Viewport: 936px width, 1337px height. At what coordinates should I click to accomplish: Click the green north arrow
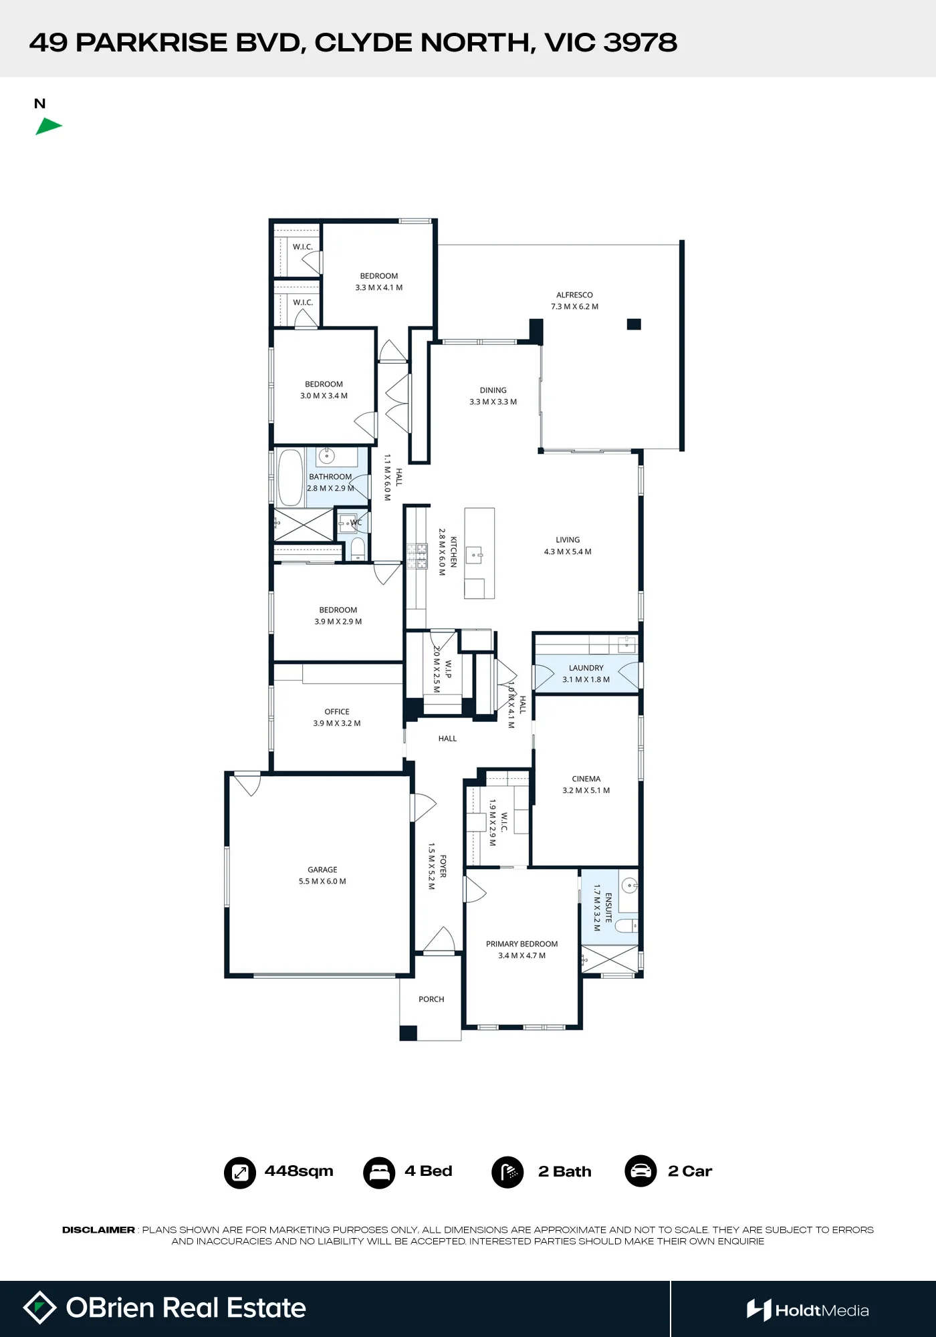coord(48,126)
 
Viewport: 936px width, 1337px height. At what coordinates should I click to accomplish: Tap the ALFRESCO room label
coord(574,295)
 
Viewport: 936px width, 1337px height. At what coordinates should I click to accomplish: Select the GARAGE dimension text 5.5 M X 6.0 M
coord(322,881)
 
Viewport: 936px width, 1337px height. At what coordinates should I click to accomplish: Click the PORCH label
coord(431,999)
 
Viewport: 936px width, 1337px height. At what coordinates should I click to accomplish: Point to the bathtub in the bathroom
coord(290,477)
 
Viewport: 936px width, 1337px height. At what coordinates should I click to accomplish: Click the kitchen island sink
coord(475,554)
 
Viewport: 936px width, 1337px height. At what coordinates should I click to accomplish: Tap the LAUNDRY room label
coord(586,668)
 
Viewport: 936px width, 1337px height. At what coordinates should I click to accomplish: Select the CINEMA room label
coord(586,779)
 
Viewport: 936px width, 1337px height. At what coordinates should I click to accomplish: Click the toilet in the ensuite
coord(626,926)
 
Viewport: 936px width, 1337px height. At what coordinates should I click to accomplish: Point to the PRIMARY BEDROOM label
coord(521,944)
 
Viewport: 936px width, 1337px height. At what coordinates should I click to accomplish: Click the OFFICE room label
coord(337,712)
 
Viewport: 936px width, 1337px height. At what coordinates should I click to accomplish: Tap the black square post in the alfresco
coord(634,324)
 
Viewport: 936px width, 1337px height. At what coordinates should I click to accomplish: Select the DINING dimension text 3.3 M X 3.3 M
coord(493,402)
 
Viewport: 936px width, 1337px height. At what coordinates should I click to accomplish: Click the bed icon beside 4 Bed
coord(379,1173)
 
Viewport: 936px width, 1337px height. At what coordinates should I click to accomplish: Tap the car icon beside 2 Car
coord(640,1171)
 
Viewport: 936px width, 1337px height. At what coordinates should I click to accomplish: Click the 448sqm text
coord(299,1171)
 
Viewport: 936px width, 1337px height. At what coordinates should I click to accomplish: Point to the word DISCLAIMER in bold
coord(98,1230)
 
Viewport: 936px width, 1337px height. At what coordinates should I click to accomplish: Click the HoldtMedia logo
coord(808,1310)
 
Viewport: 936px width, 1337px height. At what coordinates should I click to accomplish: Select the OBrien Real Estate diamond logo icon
coord(40,1308)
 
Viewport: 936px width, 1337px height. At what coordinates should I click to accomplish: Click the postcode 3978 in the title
coord(640,43)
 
